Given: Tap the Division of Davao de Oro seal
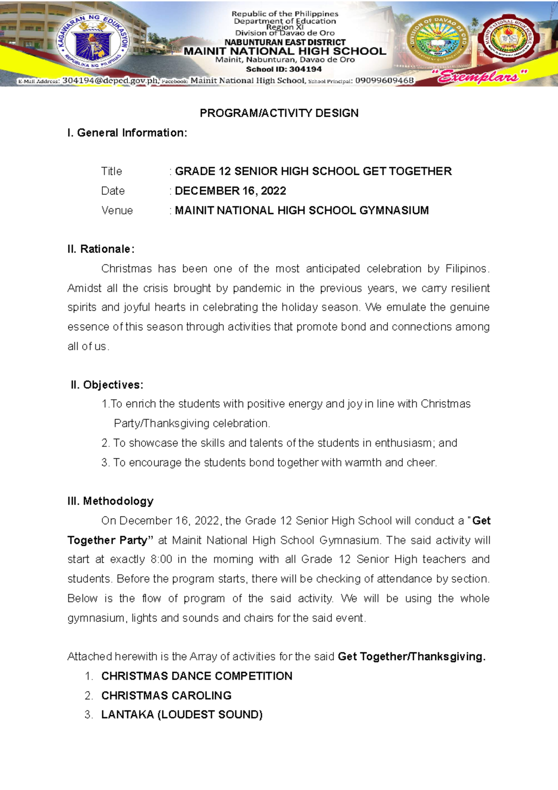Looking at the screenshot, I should point(438,41).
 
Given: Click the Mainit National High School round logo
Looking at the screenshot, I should point(509,40).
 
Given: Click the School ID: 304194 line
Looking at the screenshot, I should point(284,69).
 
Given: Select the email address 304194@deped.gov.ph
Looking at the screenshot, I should point(110,80).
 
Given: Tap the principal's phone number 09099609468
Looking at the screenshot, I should point(384,80).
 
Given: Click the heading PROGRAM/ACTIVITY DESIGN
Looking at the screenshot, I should point(279,113).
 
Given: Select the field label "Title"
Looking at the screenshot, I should point(112,171).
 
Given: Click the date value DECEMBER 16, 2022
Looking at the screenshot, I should point(230,191).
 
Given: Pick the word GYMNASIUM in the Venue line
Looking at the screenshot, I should point(394,210).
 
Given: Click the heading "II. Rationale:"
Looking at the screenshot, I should point(101,249).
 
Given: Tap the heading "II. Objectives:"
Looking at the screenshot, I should point(107,385).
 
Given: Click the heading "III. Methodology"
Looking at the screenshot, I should point(110,501).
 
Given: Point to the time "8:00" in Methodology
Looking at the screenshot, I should point(161,559).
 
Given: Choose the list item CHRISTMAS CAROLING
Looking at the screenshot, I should point(166,696).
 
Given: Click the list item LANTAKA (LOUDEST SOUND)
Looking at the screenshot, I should point(182,715).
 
